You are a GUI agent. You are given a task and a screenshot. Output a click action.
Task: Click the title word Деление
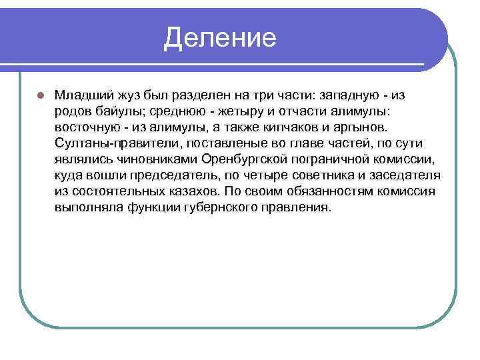coord(220,38)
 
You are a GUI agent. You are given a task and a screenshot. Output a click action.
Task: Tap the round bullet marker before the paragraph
coord(40,95)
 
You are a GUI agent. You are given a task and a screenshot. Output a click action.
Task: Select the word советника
coord(313,175)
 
